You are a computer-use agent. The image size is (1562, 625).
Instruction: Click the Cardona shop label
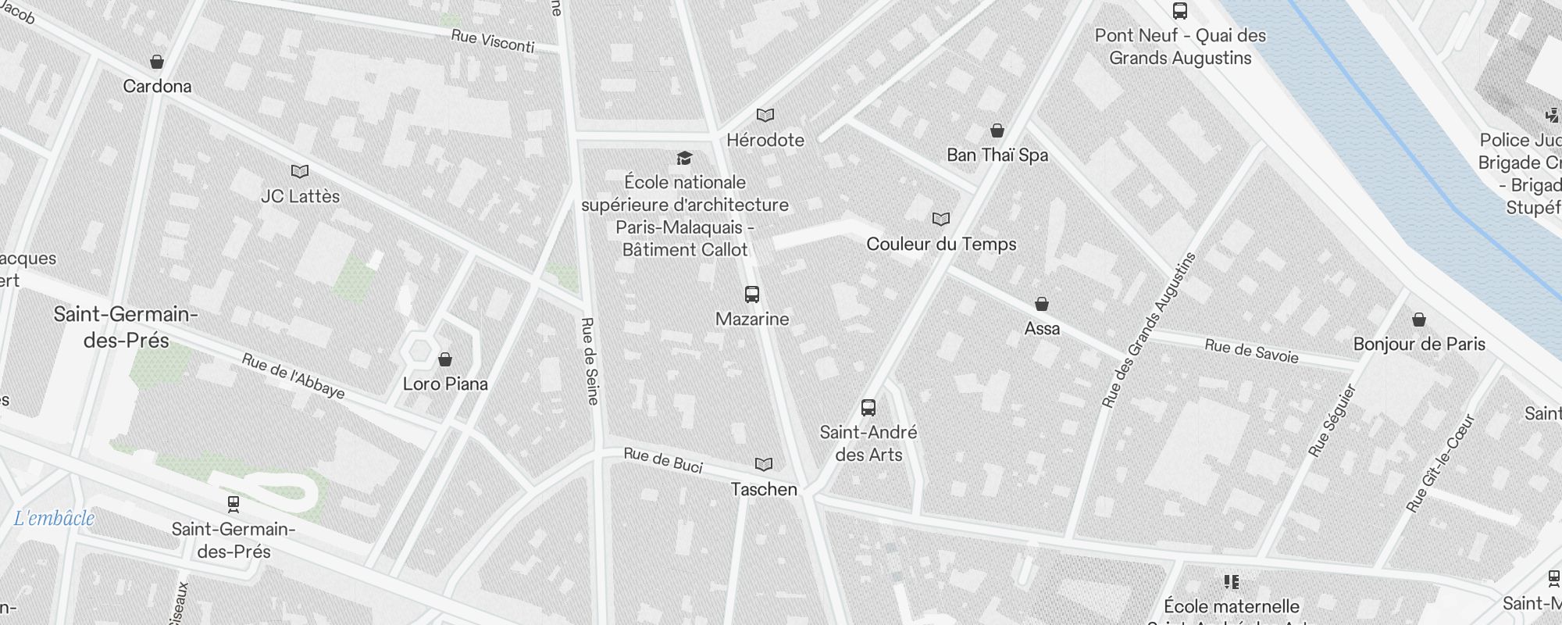click(x=157, y=86)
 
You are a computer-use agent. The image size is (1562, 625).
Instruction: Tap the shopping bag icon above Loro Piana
click(x=445, y=359)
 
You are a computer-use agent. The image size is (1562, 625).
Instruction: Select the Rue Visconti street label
click(x=493, y=41)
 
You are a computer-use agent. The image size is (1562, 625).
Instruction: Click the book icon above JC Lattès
click(x=300, y=171)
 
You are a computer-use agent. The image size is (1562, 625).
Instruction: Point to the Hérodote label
click(x=765, y=140)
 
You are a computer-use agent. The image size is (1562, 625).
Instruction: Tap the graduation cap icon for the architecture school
click(x=685, y=159)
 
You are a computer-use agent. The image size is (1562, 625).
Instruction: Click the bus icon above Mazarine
click(x=752, y=295)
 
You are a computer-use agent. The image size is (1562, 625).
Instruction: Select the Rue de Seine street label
click(x=590, y=361)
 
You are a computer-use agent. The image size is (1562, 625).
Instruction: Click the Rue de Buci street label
click(x=663, y=460)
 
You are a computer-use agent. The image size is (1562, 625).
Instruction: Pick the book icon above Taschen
click(x=764, y=465)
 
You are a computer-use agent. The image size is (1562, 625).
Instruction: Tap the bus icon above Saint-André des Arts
click(x=868, y=407)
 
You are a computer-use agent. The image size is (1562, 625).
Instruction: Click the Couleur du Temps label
click(x=941, y=244)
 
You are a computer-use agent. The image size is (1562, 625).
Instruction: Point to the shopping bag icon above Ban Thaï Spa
click(x=997, y=130)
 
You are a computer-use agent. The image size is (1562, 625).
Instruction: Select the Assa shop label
click(x=1042, y=328)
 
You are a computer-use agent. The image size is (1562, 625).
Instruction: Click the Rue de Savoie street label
click(x=1251, y=352)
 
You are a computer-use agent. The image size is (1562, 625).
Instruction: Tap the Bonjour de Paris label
click(x=1419, y=344)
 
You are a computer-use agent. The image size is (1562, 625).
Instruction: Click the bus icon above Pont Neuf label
click(x=1180, y=11)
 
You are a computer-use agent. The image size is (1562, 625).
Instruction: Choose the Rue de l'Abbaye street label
click(x=293, y=376)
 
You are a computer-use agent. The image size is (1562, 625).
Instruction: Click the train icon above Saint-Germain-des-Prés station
click(x=233, y=504)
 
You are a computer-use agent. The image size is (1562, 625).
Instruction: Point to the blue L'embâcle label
click(x=55, y=518)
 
